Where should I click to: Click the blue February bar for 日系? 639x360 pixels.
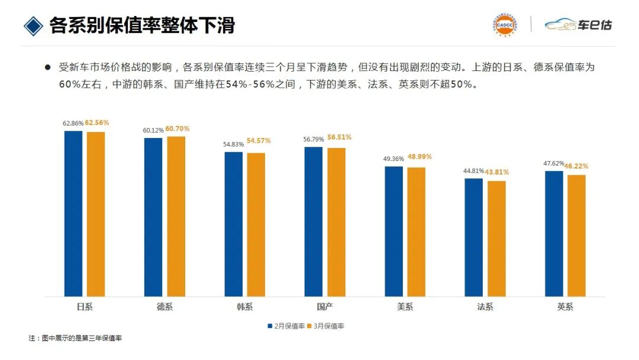coord(73,213)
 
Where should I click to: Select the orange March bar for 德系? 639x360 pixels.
coord(176,216)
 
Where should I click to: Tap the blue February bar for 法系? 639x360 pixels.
coord(474,237)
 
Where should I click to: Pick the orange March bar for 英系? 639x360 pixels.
coord(576,235)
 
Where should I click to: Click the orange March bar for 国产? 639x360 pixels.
coord(336,221)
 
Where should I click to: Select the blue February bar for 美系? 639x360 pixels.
coord(393,231)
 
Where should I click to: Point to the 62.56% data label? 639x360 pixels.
coord(97,123)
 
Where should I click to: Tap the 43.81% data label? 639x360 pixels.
coord(497,172)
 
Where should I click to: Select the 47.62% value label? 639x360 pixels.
coord(553,163)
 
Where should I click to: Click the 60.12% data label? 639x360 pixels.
coord(153,130)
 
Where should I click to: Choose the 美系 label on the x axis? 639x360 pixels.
coord(405,307)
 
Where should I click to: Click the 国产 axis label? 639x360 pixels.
coord(325,307)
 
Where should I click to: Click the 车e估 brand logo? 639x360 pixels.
coord(578,25)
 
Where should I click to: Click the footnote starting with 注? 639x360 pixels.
coord(75,339)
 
